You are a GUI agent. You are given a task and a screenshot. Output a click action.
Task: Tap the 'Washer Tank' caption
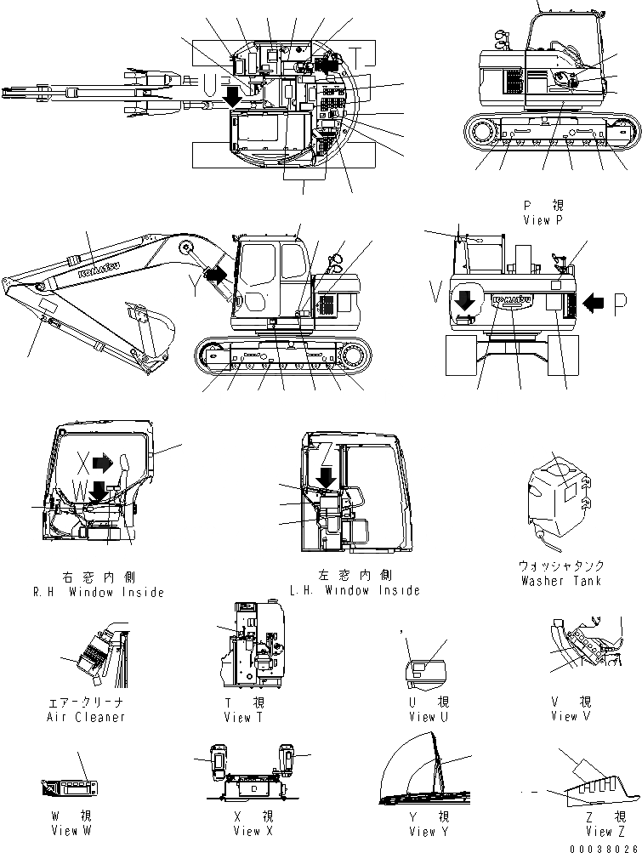pos(560,581)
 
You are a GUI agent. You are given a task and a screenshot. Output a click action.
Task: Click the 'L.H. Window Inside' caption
pos(355,590)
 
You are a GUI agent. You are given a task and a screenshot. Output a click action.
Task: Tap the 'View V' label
pos(571,716)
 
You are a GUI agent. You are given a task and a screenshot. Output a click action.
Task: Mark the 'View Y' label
pos(422,831)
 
